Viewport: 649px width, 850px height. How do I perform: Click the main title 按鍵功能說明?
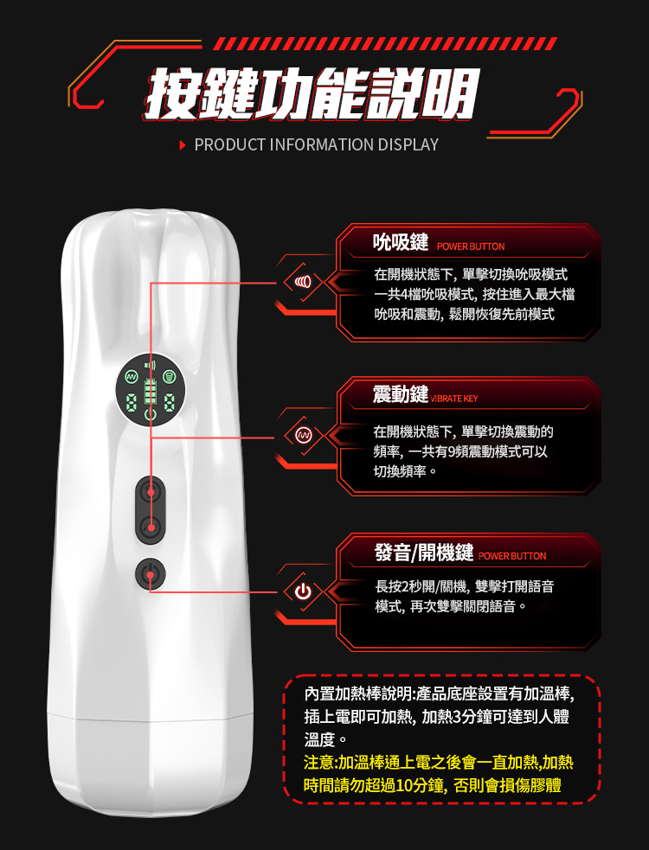(313, 93)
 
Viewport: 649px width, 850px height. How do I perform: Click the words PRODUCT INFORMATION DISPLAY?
(317, 144)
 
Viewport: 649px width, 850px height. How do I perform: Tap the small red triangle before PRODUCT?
(183, 145)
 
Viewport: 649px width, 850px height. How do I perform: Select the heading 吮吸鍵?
(401, 242)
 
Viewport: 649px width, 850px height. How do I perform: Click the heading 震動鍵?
(401, 394)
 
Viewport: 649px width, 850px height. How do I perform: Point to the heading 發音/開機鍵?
(424, 552)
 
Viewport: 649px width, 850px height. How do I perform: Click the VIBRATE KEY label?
(454, 399)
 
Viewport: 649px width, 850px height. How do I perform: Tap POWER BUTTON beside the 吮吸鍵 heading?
(471, 246)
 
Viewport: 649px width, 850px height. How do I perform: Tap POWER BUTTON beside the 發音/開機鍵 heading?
(512, 556)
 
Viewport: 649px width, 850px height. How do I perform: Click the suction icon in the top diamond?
(304, 282)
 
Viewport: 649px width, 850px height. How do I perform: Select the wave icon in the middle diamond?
(304, 435)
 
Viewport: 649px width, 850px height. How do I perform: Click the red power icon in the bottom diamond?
(304, 591)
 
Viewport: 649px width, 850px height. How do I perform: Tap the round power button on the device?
(150, 574)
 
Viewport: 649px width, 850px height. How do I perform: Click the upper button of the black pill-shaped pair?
(151, 492)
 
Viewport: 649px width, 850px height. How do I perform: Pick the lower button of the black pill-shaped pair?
(151, 526)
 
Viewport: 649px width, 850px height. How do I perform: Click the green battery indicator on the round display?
(151, 392)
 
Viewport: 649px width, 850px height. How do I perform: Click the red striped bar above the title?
(385, 43)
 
